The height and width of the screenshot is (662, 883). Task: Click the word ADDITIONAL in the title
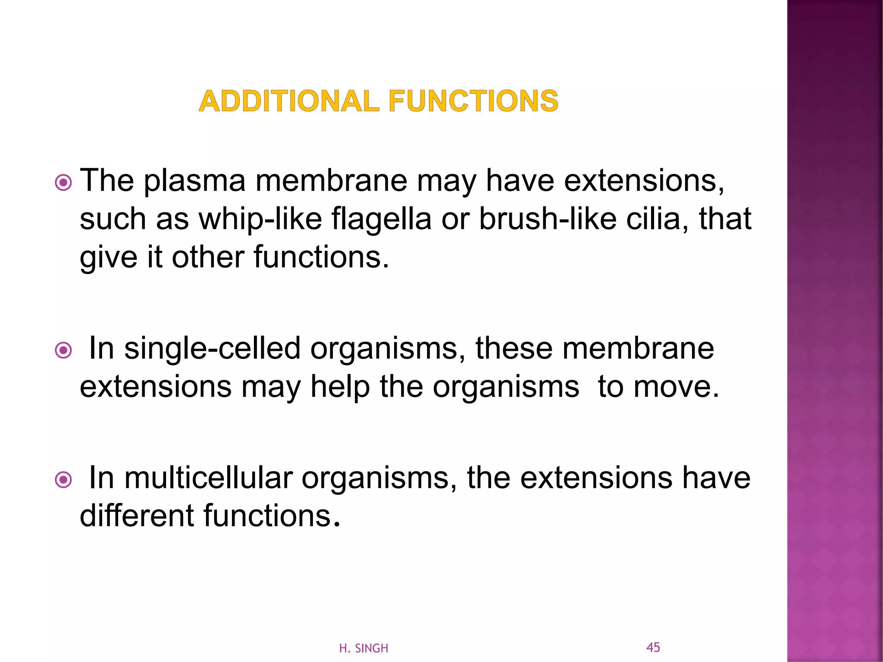(x=289, y=102)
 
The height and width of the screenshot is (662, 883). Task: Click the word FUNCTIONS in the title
(x=473, y=102)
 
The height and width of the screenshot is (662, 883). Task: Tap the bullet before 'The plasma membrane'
(x=64, y=183)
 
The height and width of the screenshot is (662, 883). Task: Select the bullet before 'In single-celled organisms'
(x=64, y=350)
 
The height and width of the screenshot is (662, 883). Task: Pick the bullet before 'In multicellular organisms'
(x=64, y=480)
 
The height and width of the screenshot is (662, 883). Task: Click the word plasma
(x=194, y=181)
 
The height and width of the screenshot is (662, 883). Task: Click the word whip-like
(x=260, y=219)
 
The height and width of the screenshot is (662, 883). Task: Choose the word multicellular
(x=208, y=478)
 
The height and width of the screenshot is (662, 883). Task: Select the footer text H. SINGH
(x=363, y=648)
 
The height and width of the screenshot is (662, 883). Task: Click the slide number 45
(x=653, y=647)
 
